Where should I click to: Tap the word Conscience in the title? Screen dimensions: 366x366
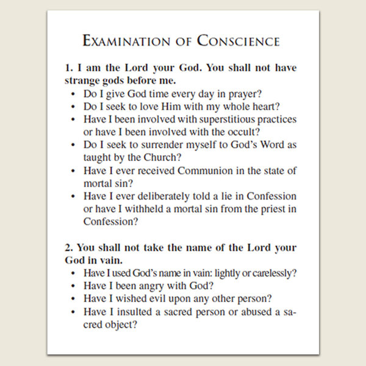coord(238,41)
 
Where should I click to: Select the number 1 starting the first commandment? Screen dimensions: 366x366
coord(67,68)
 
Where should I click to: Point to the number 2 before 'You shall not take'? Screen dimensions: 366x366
coord(67,248)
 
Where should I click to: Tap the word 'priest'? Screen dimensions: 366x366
coord(269,209)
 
